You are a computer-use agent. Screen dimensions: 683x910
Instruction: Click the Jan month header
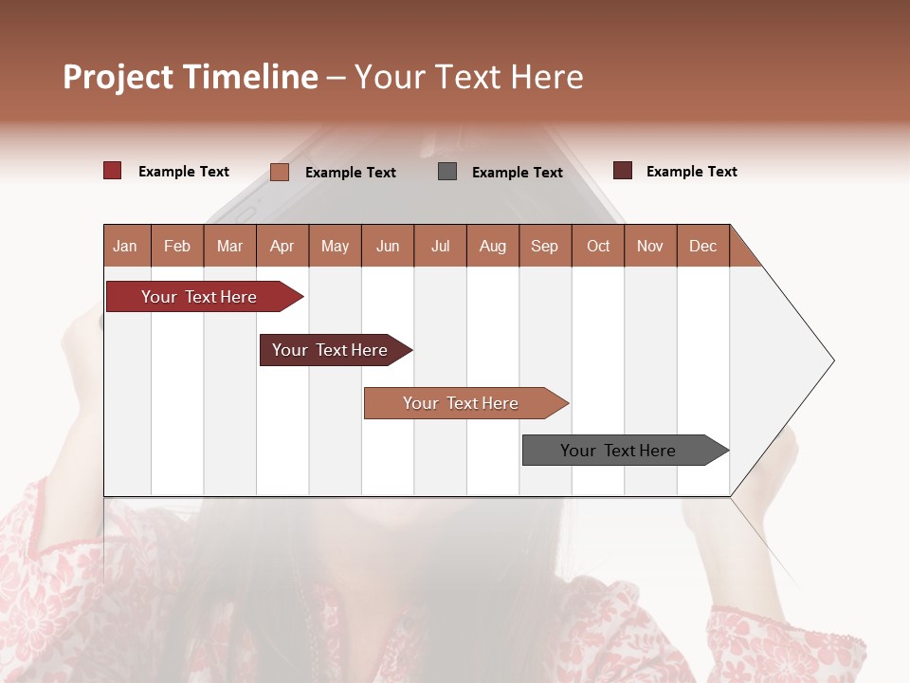pyautogui.click(x=125, y=246)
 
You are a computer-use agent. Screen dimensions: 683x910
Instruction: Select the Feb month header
pyautogui.click(x=177, y=246)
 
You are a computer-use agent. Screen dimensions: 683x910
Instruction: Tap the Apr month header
pyautogui.click(x=282, y=246)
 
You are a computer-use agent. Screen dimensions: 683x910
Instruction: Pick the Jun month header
pyautogui.click(x=387, y=246)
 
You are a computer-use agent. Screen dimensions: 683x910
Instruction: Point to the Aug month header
pyautogui.click(x=492, y=246)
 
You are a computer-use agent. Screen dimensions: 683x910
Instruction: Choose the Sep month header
pyautogui.click(x=544, y=246)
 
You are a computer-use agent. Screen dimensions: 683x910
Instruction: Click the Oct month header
pyautogui.click(x=598, y=246)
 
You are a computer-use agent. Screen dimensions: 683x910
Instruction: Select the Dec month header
pyautogui.click(x=702, y=246)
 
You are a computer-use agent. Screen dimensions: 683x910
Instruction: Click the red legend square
pyautogui.click(x=113, y=171)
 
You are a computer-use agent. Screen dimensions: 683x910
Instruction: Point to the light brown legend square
pyautogui.click(x=280, y=172)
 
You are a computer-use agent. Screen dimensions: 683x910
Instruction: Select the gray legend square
pyautogui.click(x=447, y=172)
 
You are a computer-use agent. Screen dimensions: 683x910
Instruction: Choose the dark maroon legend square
pyautogui.click(x=623, y=171)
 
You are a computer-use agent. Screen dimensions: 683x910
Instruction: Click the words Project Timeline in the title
pyautogui.click(x=190, y=77)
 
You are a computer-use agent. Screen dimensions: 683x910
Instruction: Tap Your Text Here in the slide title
pyautogui.click(x=468, y=77)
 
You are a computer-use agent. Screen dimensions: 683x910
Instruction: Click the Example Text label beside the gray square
pyautogui.click(x=517, y=173)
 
